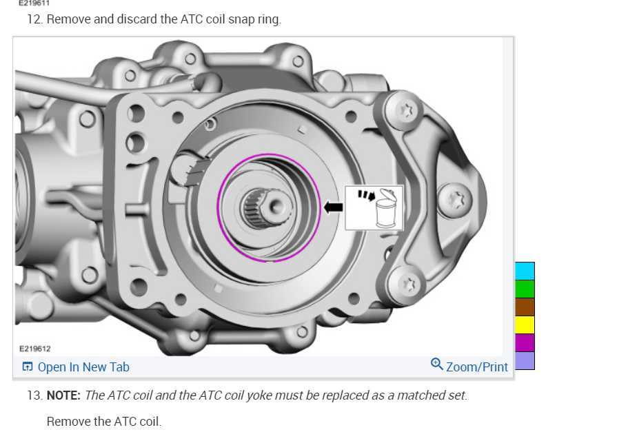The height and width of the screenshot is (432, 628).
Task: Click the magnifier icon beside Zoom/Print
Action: coord(436,364)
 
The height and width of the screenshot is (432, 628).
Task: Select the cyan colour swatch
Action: coord(525,271)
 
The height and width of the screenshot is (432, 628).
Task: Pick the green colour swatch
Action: coord(525,289)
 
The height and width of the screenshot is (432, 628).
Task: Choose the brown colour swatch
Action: coord(525,307)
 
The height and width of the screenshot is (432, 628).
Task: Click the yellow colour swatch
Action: coord(525,325)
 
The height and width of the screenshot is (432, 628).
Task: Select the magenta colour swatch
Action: coord(525,343)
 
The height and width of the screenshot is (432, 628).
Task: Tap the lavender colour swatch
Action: coord(525,361)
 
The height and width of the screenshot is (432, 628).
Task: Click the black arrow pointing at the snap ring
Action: coord(333,207)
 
